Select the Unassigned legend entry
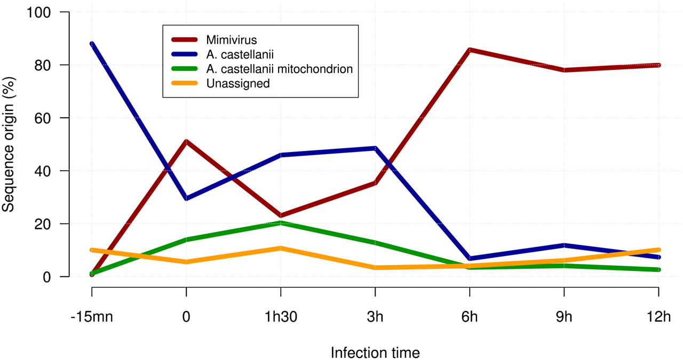[x=238, y=83]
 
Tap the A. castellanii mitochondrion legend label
[x=279, y=69]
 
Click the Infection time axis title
[x=375, y=353]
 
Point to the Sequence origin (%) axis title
[x=9, y=144]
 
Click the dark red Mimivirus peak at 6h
[x=470, y=50]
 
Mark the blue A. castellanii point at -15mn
[x=92, y=44]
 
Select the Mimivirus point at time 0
[x=186, y=141]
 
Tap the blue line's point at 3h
[x=375, y=148]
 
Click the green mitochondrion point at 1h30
[x=281, y=223]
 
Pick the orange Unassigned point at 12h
[x=659, y=250]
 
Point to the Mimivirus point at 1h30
[x=281, y=215]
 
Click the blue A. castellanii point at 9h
[x=565, y=245]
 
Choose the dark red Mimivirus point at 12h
[x=659, y=65]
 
